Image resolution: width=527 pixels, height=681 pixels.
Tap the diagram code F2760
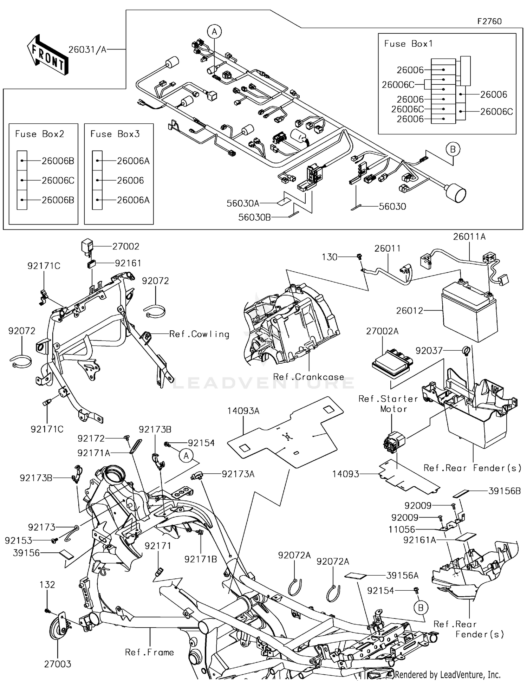point(489,21)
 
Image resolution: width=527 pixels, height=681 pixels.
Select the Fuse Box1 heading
point(408,44)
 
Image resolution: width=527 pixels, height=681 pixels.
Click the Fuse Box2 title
point(39,134)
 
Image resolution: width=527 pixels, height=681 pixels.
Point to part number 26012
point(409,311)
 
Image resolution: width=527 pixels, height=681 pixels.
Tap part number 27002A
point(382,331)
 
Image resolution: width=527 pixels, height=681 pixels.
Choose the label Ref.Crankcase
point(308,377)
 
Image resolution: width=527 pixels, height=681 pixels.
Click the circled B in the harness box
point(453,150)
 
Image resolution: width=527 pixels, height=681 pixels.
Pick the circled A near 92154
point(186,456)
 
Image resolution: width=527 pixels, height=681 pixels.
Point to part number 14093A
point(243,411)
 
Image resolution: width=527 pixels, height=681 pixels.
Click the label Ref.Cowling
point(199,334)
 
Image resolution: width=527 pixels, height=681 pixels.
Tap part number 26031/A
point(87,50)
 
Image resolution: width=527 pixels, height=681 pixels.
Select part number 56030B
point(254,218)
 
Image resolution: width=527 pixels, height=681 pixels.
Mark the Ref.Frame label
point(149,653)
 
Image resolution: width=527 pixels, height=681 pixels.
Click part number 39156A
point(402,576)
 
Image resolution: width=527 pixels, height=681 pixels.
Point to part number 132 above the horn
point(47,585)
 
